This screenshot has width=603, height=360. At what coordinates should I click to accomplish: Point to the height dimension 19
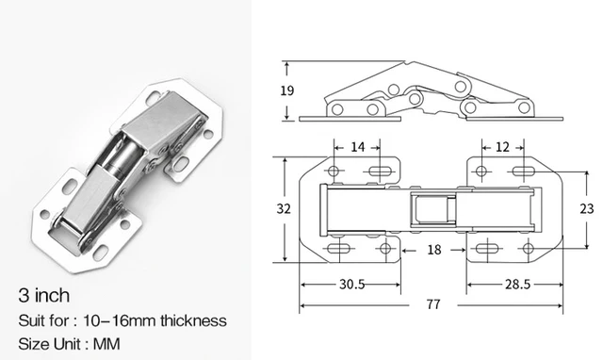click(x=287, y=90)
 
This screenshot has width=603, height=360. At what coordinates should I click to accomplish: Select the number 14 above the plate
click(x=359, y=146)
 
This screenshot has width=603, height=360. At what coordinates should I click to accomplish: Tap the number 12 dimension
click(x=502, y=146)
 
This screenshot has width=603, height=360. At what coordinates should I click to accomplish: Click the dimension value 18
click(x=434, y=250)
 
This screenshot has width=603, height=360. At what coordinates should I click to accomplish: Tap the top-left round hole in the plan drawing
click(x=335, y=172)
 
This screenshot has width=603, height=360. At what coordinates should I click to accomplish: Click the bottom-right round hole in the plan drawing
click(x=528, y=249)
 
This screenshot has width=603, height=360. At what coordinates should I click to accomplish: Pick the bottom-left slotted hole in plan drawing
click(x=340, y=249)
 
